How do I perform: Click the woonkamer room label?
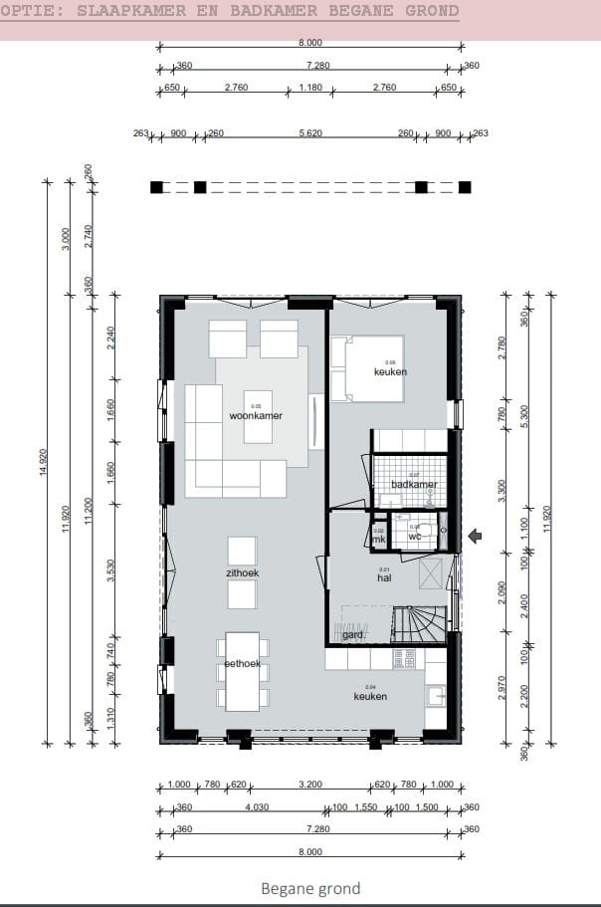coord(256,416)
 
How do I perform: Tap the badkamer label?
coord(414,485)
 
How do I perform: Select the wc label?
coord(415,537)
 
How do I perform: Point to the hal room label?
coord(383,576)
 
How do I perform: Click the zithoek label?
coord(242,573)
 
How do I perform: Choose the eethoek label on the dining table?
coord(242,663)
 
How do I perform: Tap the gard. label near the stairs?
coord(352,634)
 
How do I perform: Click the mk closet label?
coord(379,539)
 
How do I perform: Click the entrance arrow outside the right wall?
coord(476,537)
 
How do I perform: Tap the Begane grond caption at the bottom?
coord(310,888)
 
